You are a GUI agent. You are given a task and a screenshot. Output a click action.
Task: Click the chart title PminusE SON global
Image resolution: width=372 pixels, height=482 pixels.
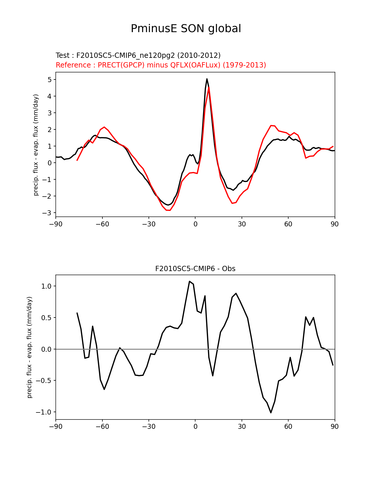coord(186,29)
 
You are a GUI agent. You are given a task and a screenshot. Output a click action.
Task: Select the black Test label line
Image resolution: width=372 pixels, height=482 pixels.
coord(138,56)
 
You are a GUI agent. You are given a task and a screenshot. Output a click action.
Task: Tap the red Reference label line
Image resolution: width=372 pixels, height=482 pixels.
coord(161,65)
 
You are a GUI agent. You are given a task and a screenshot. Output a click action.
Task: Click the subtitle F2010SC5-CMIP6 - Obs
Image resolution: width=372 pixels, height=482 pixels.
coord(195,269)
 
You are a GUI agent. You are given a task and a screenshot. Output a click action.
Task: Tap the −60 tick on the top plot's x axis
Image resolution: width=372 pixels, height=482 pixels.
coord(102,224)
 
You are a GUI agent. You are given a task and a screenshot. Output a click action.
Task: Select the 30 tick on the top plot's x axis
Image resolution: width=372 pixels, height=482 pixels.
coord(242,224)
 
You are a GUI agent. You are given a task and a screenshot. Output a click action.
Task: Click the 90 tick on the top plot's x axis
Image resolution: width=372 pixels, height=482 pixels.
coord(335,224)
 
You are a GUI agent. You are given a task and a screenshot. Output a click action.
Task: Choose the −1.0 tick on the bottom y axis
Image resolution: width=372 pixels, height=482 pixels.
coord(44,412)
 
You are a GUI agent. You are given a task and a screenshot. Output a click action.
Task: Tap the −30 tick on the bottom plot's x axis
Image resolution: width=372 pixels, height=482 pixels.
coord(149,426)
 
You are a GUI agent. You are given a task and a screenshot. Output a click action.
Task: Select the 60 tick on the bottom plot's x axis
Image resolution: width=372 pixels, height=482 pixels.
coord(288,426)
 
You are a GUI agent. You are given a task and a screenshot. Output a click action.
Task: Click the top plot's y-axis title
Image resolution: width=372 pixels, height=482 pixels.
coord(36,145)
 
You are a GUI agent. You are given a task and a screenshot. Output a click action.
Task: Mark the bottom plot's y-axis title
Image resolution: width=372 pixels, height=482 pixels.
coord(29,347)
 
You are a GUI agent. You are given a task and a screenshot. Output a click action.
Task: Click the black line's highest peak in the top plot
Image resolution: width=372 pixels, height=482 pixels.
coord(207,79)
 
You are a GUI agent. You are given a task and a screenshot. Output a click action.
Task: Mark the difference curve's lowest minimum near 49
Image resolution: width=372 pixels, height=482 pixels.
coord(271,412)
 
